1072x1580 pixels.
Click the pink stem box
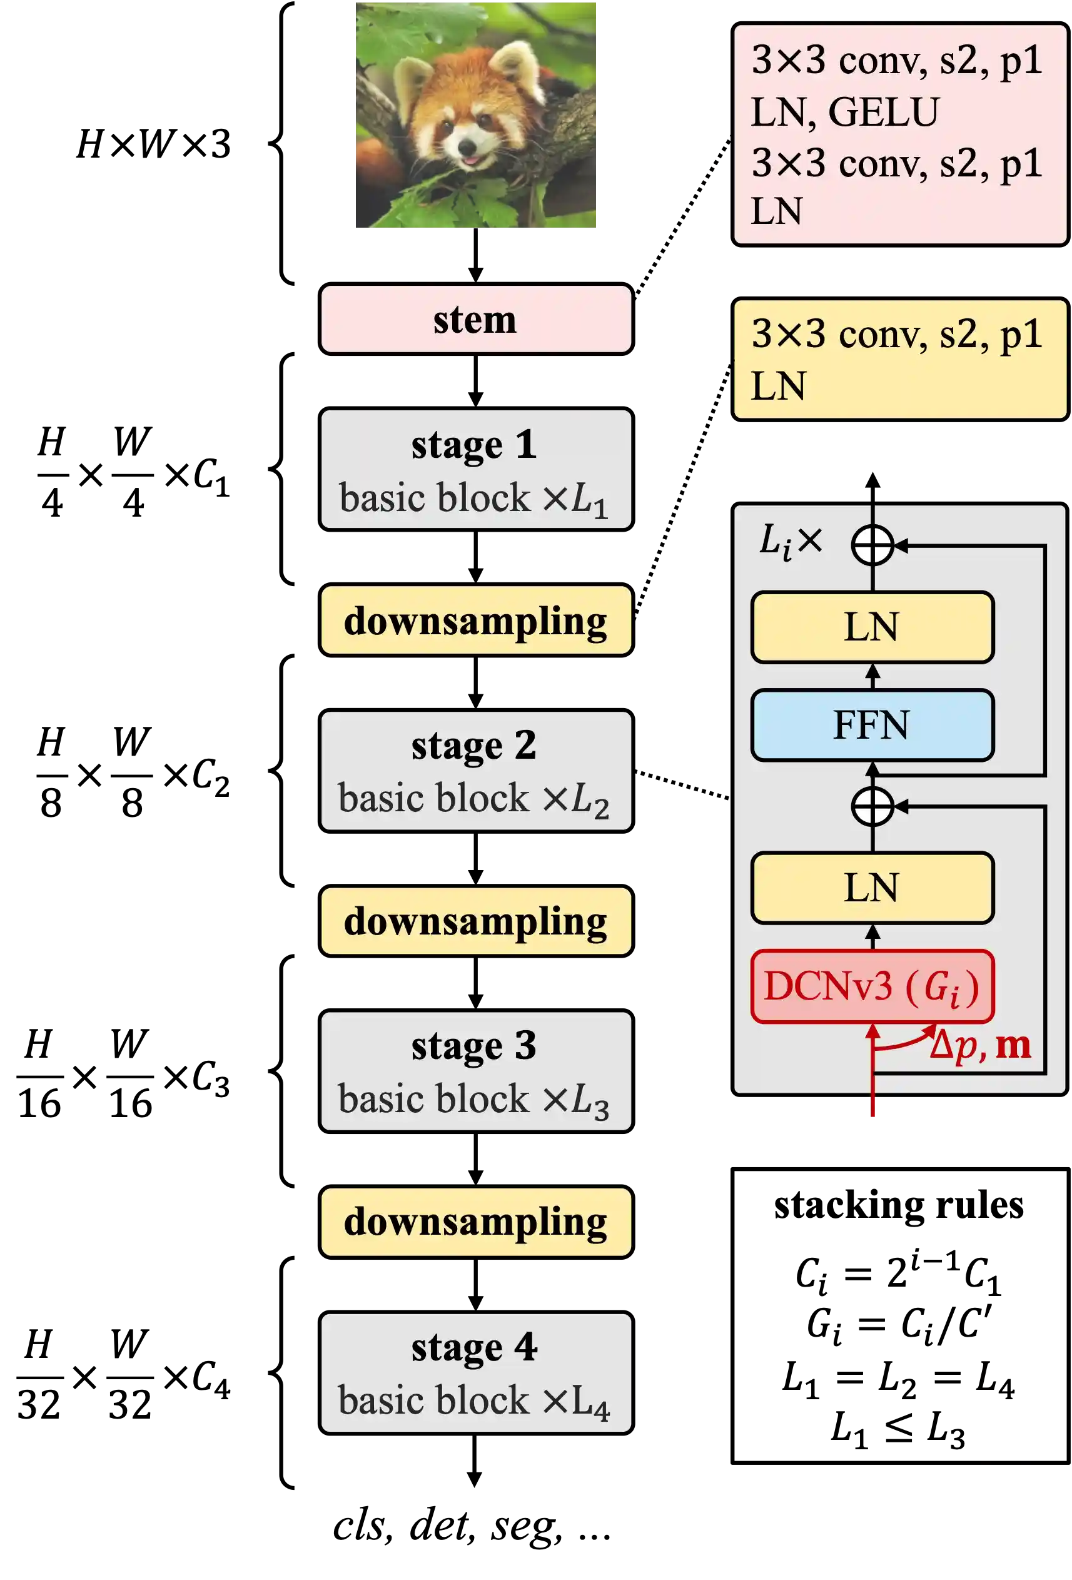coord(476,319)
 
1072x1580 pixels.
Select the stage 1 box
coord(476,469)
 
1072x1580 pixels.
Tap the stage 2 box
coord(476,770)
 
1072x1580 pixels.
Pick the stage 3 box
coord(476,1071)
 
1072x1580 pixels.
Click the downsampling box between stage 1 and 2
coord(476,620)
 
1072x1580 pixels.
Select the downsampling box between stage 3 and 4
coord(476,1222)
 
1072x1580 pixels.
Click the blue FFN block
coord(872,725)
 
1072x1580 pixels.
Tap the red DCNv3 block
coord(872,986)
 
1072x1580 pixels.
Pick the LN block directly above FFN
coord(872,627)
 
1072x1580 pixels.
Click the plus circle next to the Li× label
coord(872,545)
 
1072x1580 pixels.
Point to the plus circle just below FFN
coord(872,806)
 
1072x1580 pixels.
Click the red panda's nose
coord(468,145)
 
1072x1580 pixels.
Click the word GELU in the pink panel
coord(883,112)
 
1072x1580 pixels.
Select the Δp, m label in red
coord(979,1046)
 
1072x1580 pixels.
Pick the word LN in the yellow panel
coord(777,386)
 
